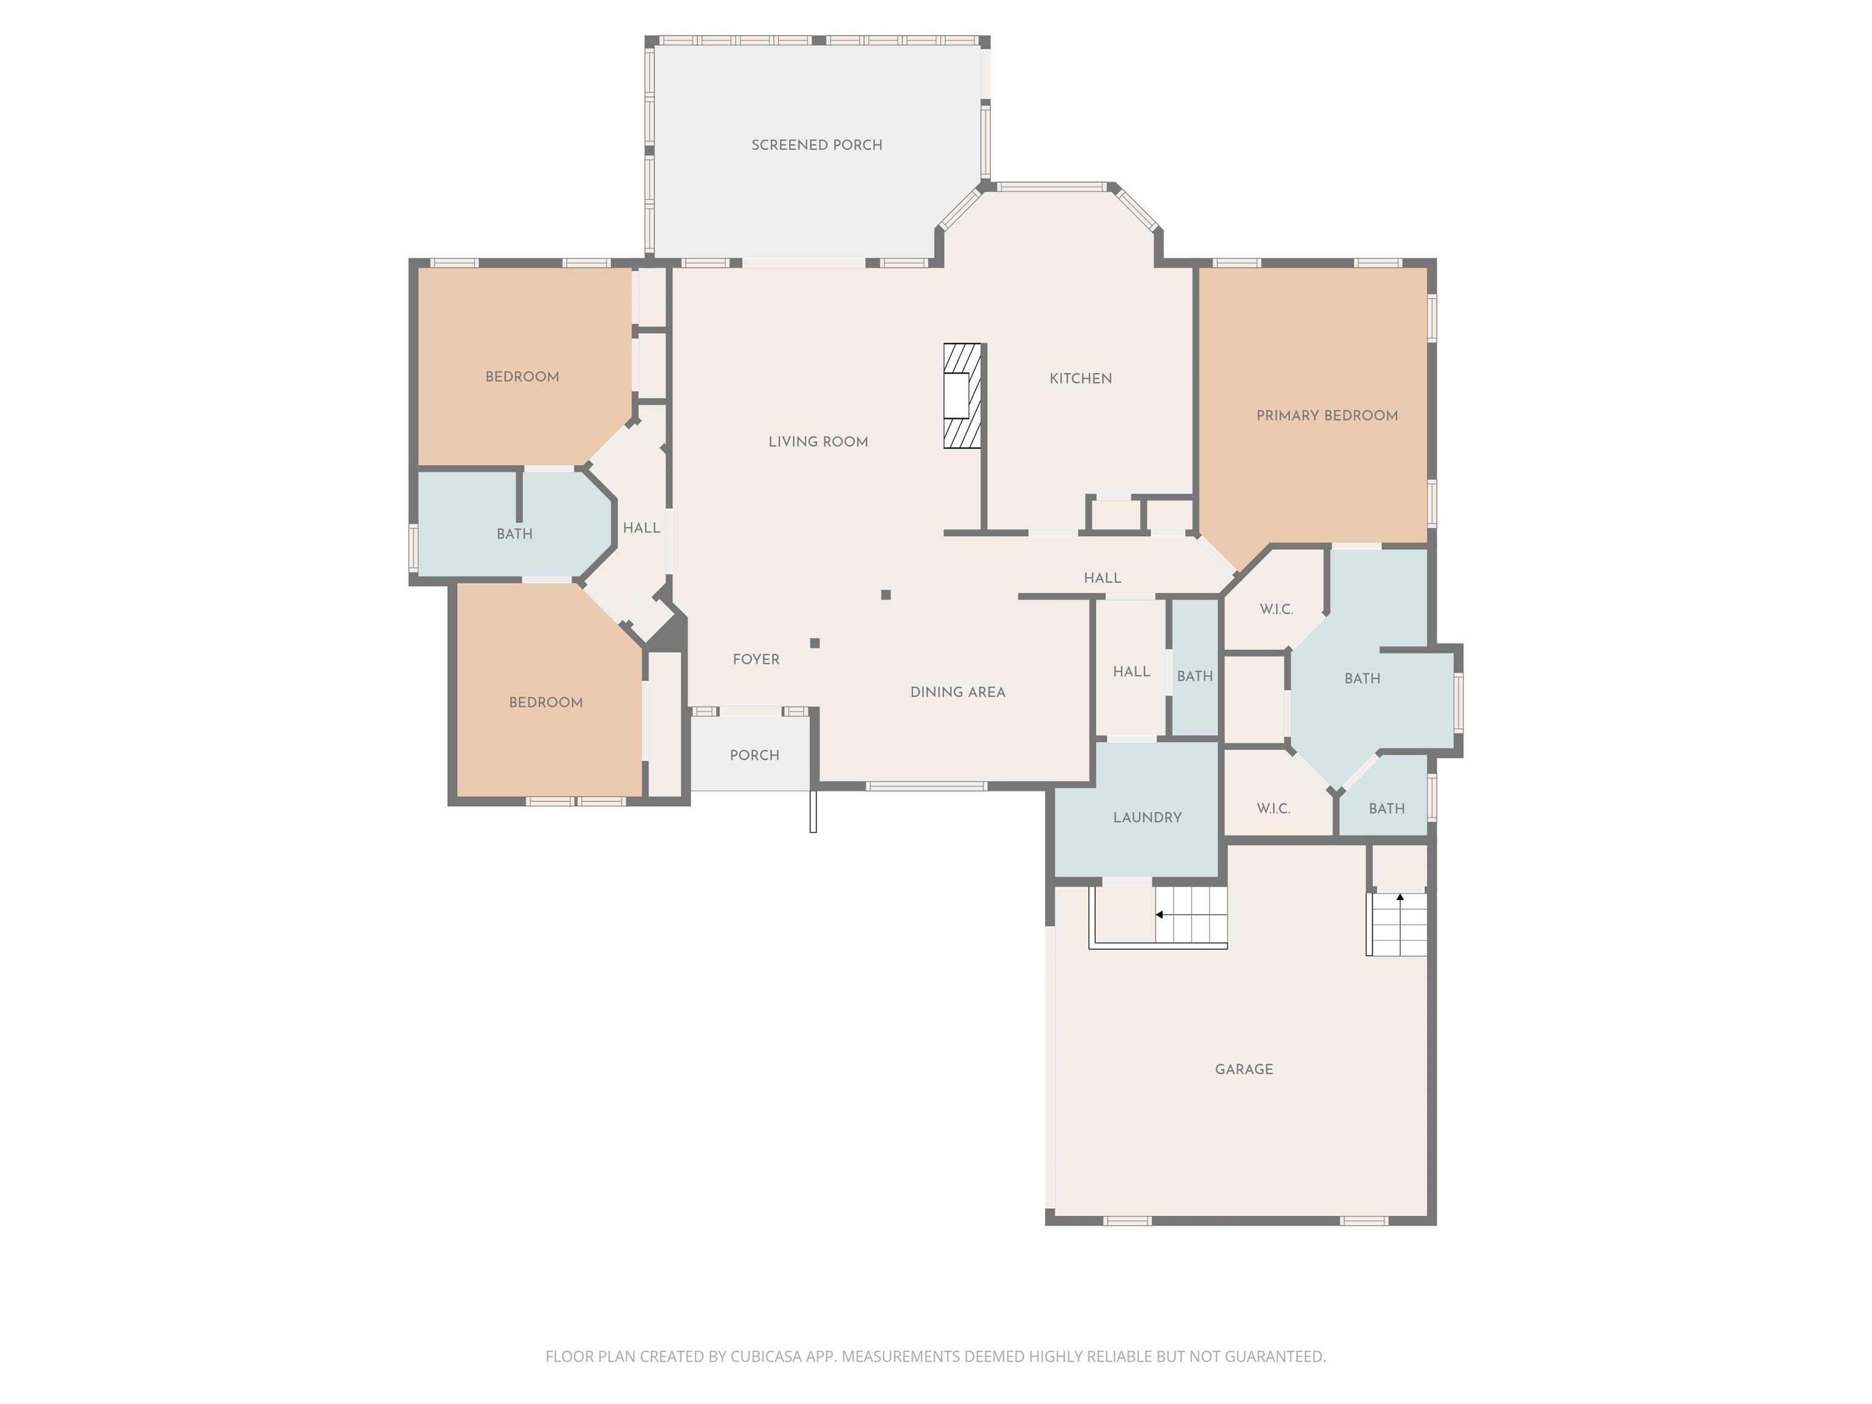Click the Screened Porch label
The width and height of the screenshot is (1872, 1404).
[817, 144]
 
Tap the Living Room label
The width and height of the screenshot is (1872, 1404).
[818, 441]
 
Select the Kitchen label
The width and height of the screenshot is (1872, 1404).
[1080, 378]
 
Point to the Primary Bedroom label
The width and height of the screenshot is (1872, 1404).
[1327, 416]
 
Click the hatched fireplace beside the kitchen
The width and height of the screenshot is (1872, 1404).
[962, 395]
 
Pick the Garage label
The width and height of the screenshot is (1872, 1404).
[1244, 1069]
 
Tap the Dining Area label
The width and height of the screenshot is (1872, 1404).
[958, 692]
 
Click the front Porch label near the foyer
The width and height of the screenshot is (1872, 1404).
[755, 755]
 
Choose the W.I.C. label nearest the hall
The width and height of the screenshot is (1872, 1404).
[1276, 609]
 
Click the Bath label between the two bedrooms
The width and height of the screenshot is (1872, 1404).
[514, 534]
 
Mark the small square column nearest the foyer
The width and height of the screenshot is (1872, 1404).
[815, 643]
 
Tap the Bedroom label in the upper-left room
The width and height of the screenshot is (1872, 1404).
[522, 377]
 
